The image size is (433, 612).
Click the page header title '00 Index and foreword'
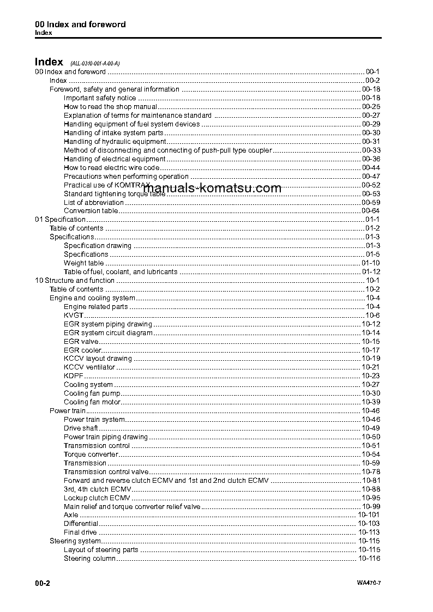click(x=80, y=25)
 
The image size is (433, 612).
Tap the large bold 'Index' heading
click(x=49, y=62)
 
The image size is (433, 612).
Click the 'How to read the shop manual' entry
click(x=110, y=107)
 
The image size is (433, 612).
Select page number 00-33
click(x=371, y=150)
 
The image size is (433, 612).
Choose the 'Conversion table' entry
click(x=91, y=211)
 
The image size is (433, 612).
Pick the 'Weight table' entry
click(x=83, y=263)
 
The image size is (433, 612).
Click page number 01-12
click(x=371, y=272)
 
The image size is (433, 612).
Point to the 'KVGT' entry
click(x=74, y=316)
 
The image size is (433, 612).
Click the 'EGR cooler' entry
click(x=82, y=350)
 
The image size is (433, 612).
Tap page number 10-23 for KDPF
click(x=371, y=376)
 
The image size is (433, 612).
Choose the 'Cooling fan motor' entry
click(x=92, y=402)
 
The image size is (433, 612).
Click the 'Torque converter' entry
click(x=91, y=455)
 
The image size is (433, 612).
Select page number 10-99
click(x=371, y=507)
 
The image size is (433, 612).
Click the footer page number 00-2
click(x=43, y=583)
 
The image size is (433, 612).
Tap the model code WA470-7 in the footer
click(x=369, y=584)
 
